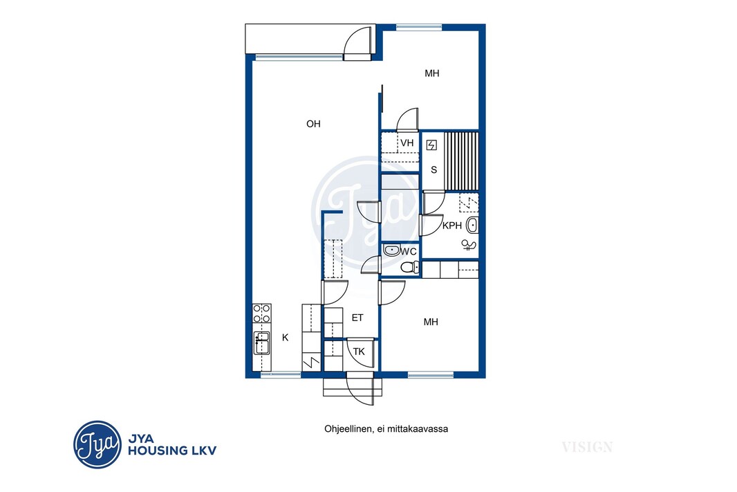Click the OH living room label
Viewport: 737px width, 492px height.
click(x=313, y=124)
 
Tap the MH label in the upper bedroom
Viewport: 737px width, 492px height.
click(x=432, y=73)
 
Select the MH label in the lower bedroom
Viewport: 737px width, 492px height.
click(x=431, y=322)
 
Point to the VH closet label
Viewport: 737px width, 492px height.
click(x=407, y=143)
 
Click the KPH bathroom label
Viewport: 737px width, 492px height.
click(x=452, y=226)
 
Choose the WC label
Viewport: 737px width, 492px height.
click(x=409, y=252)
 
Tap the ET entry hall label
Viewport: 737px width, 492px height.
click(x=357, y=318)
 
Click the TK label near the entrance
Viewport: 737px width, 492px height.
click(x=359, y=352)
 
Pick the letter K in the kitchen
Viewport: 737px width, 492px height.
click(x=286, y=338)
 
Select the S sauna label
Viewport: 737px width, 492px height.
click(x=433, y=170)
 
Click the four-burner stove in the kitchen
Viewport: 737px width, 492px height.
click(x=262, y=313)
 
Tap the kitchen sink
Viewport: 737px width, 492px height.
click(x=262, y=343)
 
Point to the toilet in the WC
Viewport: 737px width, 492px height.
click(x=411, y=267)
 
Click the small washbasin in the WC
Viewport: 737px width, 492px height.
click(x=391, y=250)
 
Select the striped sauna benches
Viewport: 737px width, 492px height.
click(x=461, y=161)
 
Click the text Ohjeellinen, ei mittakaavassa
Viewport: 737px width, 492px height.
click(x=386, y=429)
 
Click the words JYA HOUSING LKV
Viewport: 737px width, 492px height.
click(x=172, y=445)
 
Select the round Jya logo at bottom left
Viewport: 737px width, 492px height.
click(x=97, y=444)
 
